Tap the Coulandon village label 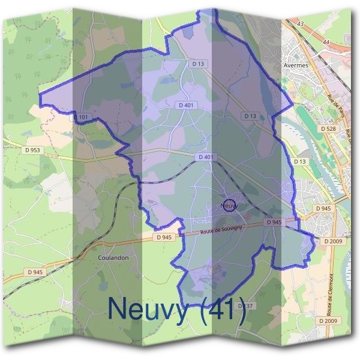tap(113, 257)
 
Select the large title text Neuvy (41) tap(176, 309)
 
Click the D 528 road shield tap(328, 128)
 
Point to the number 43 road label tap(301, 23)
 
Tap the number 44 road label tap(326, 43)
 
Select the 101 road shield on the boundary tap(83, 117)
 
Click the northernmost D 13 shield tap(199, 63)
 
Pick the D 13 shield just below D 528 tap(300, 162)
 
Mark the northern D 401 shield tap(186, 105)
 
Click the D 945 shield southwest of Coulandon tap(35, 272)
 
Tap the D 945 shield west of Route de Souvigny tap(164, 238)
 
